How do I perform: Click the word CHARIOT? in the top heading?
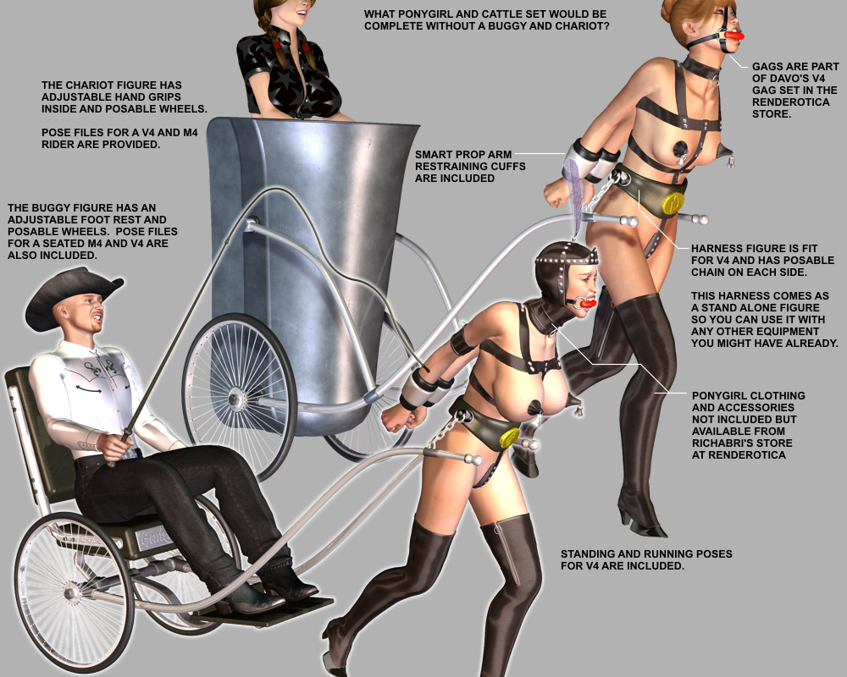(x=583, y=26)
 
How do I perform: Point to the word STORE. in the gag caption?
(x=772, y=114)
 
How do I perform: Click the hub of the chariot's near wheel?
(x=235, y=399)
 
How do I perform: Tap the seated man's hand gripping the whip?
(x=115, y=445)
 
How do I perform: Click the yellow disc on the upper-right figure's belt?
(x=673, y=201)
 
